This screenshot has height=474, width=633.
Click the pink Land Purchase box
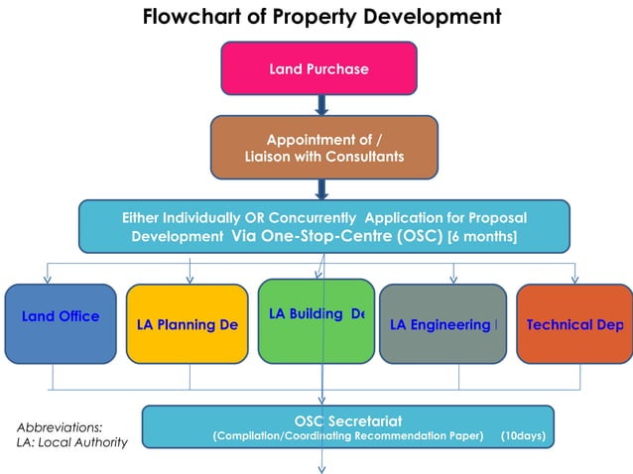[317, 69]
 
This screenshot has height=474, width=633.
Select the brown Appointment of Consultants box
[323, 148]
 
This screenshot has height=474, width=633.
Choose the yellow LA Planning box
[187, 324]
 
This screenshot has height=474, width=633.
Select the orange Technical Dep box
[574, 324]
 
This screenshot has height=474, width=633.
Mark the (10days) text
[523, 435]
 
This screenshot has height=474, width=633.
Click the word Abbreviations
[60, 426]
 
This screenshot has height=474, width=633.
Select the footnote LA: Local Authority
[71, 442]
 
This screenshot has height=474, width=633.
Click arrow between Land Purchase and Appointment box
[321, 103]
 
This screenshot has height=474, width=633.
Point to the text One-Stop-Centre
[327, 237]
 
